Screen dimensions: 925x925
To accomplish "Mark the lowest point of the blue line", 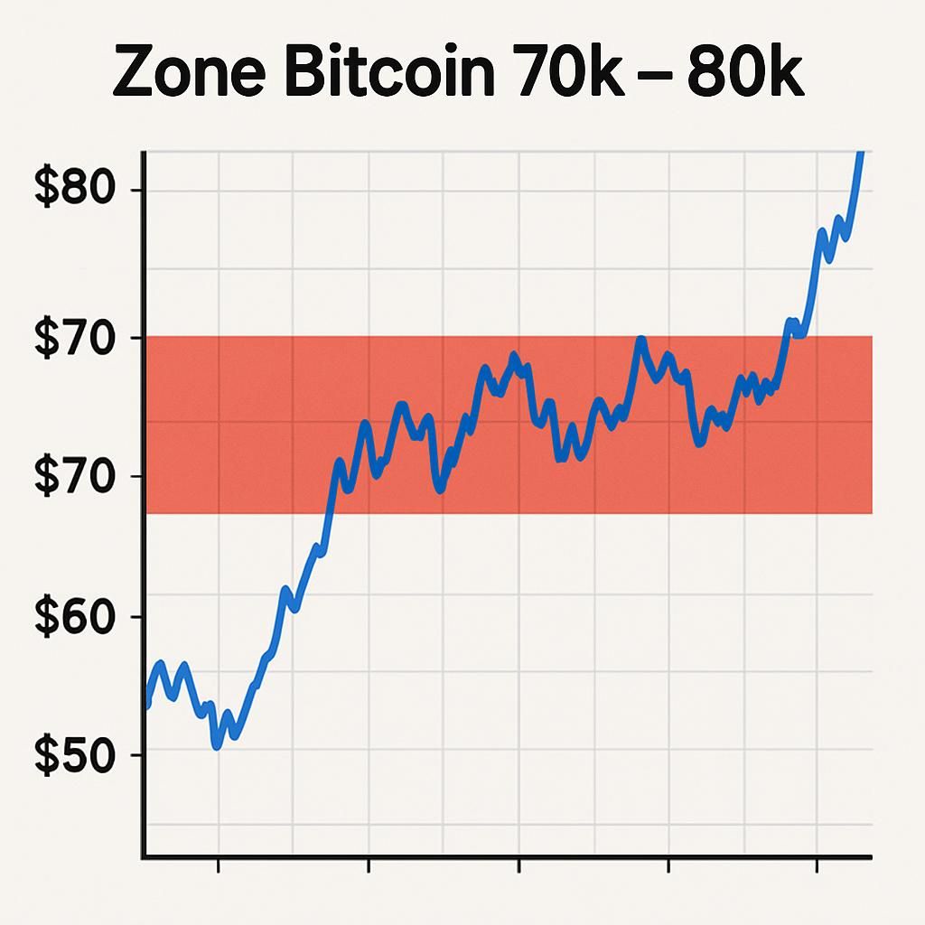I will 216,746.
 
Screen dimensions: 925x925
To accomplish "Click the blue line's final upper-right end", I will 862,154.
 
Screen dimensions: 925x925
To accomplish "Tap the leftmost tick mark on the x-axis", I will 219,864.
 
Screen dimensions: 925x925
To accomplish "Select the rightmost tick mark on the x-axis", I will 817,864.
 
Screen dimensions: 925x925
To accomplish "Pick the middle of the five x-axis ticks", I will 519,864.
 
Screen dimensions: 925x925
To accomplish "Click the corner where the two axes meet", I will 144,856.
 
